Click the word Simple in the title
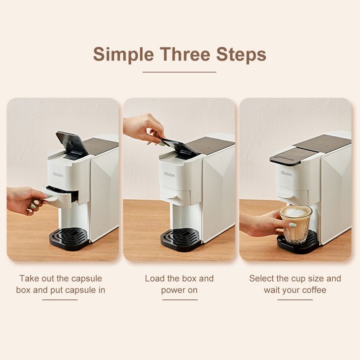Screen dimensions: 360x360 tap(123, 55)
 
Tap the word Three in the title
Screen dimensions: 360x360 tap(185, 54)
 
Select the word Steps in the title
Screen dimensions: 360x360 tap(241, 55)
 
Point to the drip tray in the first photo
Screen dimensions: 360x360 tap(69, 239)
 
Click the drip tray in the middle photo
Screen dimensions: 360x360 tap(181, 240)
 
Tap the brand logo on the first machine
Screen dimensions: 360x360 tap(58, 175)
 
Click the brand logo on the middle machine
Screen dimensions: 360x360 tap(170, 174)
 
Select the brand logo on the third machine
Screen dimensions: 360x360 tap(286, 174)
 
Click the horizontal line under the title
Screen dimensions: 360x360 tap(180, 72)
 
